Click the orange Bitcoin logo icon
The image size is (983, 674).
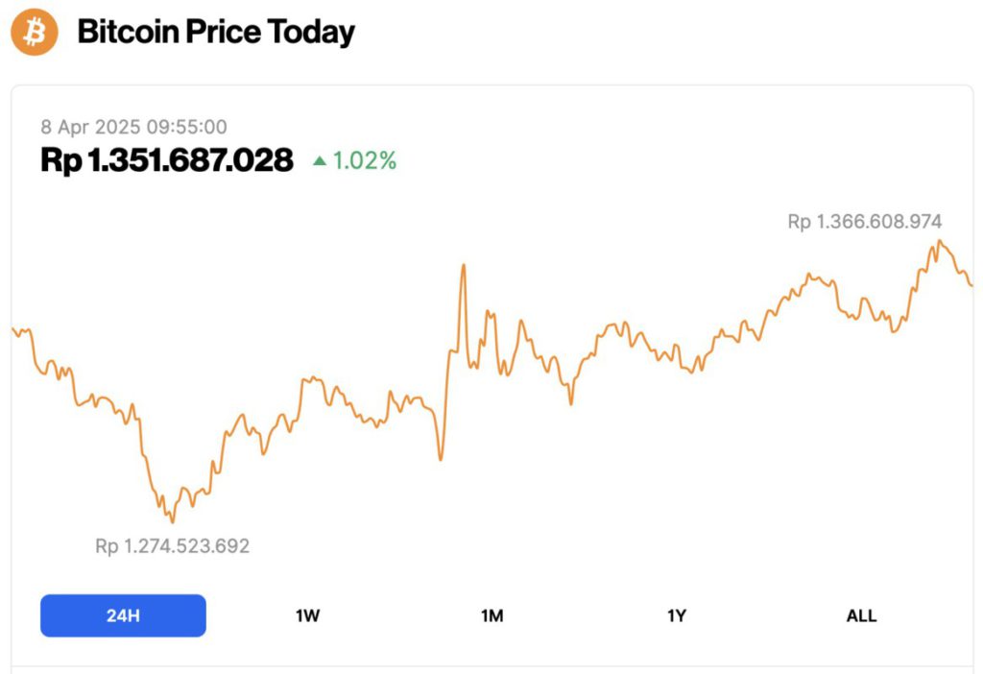click(x=35, y=32)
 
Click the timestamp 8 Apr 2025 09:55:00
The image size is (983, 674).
click(x=133, y=127)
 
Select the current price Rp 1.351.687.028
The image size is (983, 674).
click(x=166, y=160)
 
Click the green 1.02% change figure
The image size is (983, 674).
click(x=364, y=160)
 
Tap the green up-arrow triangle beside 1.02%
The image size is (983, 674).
click(x=320, y=161)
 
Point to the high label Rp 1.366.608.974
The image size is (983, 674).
click(x=864, y=222)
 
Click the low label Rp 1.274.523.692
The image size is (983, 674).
click(x=172, y=546)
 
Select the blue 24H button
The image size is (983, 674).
click(x=123, y=615)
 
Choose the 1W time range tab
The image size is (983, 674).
click(x=307, y=615)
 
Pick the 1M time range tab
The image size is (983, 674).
click(x=491, y=615)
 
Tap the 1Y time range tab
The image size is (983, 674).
click(x=677, y=615)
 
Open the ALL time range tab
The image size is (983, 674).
click(x=861, y=615)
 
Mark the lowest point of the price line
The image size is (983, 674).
click(x=172, y=521)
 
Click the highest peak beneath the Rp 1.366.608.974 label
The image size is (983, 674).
click(x=939, y=241)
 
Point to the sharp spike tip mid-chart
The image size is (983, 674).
click(x=464, y=264)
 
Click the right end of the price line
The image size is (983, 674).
click(x=971, y=284)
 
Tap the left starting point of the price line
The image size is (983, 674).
click(x=12, y=328)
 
